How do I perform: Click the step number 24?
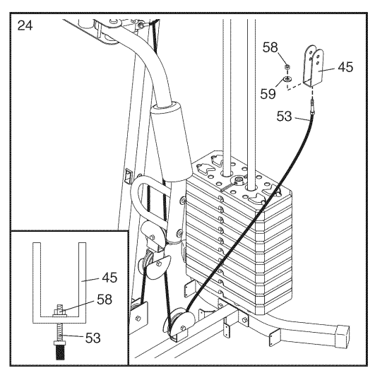click(25, 25)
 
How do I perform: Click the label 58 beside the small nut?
click(270, 47)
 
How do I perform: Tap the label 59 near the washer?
click(268, 94)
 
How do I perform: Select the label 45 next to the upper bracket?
click(345, 67)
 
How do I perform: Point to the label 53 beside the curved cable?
click(284, 117)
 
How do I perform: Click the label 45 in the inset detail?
click(109, 278)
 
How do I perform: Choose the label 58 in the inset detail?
click(105, 300)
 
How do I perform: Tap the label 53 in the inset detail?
click(93, 338)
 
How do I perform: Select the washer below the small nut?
click(287, 78)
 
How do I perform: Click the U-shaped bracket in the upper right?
click(314, 66)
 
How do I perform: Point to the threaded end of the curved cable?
click(313, 105)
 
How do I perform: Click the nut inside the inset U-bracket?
click(60, 312)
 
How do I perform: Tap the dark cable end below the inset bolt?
click(60, 351)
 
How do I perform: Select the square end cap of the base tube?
click(343, 336)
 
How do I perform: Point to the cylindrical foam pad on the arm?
click(172, 142)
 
